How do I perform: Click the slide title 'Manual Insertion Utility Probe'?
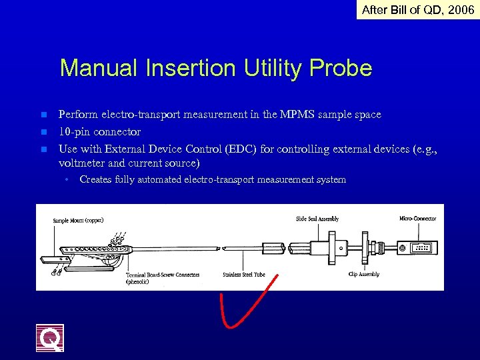(x=215, y=68)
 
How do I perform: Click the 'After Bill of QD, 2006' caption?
(x=417, y=9)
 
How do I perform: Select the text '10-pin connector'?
(x=99, y=132)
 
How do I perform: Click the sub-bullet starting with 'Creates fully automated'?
(x=212, y=179)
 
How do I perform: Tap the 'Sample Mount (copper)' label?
(x=78, y=221)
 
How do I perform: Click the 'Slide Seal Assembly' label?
(x=317, y=219)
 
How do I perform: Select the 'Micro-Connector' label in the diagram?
(x=417, y=219)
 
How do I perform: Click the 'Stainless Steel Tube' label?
(x=243, y=274)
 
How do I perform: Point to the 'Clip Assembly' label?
(x=364, y=274)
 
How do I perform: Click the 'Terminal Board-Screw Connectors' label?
(x=163, y=274)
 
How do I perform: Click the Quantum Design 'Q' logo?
(x=50, y=338)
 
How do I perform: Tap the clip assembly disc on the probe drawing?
(x=365, y=247)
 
